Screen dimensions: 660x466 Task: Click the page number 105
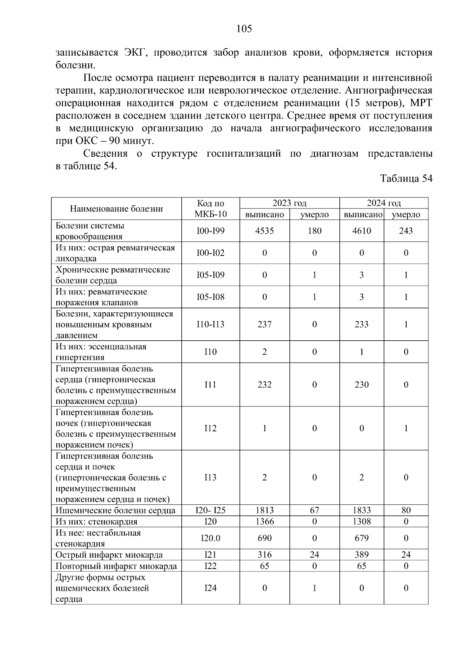(x=244, y=29)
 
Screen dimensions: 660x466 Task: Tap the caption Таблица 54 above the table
(x=406, y=179)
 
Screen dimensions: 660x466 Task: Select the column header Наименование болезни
(x=116, y=209)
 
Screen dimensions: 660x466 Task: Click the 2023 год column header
(x=289, y=203)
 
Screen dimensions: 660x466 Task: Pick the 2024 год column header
(x=384, y=203)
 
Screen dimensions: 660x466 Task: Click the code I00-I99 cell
(x=210, y=231)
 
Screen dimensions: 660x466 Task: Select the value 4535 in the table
(x=264, y=231)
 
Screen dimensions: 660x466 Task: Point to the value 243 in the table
(x=406, y=231)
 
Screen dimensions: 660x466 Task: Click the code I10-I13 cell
(x=210, y=324)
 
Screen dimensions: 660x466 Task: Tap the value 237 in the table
(x=264, y=324)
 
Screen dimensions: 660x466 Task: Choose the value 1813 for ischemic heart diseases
(x=264, y=510)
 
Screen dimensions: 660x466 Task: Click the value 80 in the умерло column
(x=406, y=510)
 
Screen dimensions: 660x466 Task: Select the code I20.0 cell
(x=210, y=538)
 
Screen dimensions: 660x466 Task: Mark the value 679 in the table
(x=362, y=538)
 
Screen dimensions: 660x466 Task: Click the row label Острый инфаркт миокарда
(x=109, y=555)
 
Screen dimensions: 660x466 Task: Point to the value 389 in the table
(x=362, y=555)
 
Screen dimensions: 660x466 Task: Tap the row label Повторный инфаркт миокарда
(x=116, y=566)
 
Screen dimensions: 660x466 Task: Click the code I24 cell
(x=210, y=588)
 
